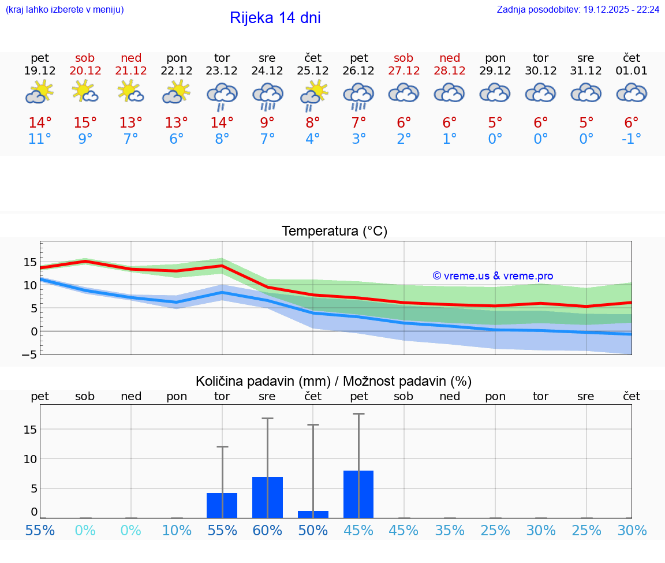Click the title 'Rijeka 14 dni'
(275, 18)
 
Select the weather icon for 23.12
(222, 96)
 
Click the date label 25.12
(313, 71)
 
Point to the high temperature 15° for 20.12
(85, 123)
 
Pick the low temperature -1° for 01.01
(632, 139)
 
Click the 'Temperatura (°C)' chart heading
(334, 232)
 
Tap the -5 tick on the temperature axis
(29, 355)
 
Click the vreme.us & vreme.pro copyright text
(492, 276)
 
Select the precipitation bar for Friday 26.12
(358, 494)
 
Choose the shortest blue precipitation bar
(313, 514)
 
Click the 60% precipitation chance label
(267, 530)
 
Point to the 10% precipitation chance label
(177, 530)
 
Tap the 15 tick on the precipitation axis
(30, 429)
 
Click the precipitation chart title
(334, 381)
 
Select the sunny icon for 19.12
(39, 92)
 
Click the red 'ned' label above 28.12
(450, 58)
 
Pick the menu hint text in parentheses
(65, 9)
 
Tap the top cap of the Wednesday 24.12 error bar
(267, 418)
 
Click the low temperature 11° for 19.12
(40, 139)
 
